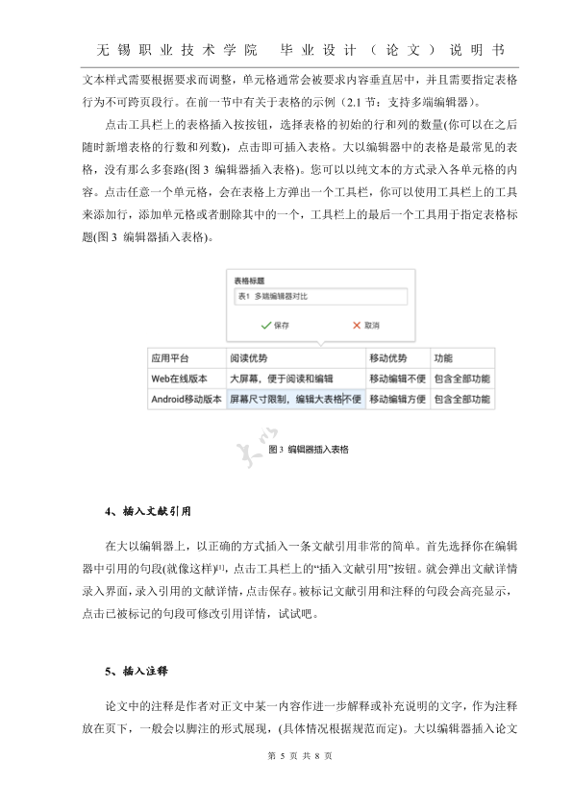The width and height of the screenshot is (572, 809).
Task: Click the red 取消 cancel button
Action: coord(365,326)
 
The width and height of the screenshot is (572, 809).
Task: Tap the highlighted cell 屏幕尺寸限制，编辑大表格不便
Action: coord(295,399)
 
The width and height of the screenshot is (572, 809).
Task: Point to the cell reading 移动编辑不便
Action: coord(397,379)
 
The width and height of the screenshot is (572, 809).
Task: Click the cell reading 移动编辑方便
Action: coord(397,399)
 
